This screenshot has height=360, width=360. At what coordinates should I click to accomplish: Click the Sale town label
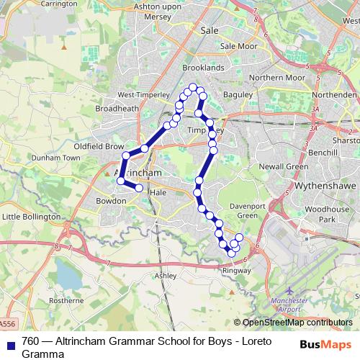[x=210, y=31]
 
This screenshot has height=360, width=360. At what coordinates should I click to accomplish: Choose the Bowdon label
[x=111, y=201]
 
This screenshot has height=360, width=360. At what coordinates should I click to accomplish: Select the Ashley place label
[x=166, y=275]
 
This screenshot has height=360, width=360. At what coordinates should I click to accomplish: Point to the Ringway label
[x=237, y=271]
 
